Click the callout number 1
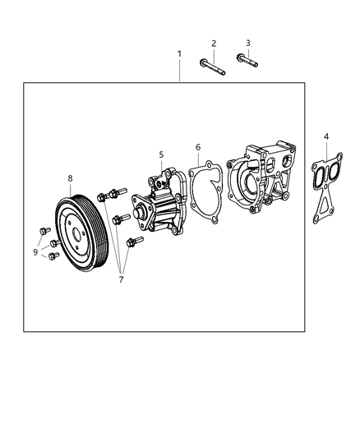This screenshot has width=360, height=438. pos(179,54)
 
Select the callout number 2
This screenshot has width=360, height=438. pos(213,44)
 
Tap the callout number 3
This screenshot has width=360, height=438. pos(247,43)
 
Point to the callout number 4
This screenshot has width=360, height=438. pos(326,136)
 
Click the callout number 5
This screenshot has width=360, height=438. pos(161,154)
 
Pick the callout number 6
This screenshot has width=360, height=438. pos(197,148)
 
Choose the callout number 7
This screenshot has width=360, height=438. pos(121,280)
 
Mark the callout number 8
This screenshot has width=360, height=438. pos(71,178)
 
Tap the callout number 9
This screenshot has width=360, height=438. pos(35,253)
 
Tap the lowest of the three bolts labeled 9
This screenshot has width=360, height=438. pos(54,256)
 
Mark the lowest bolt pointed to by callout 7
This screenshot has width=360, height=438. pos(133,242)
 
